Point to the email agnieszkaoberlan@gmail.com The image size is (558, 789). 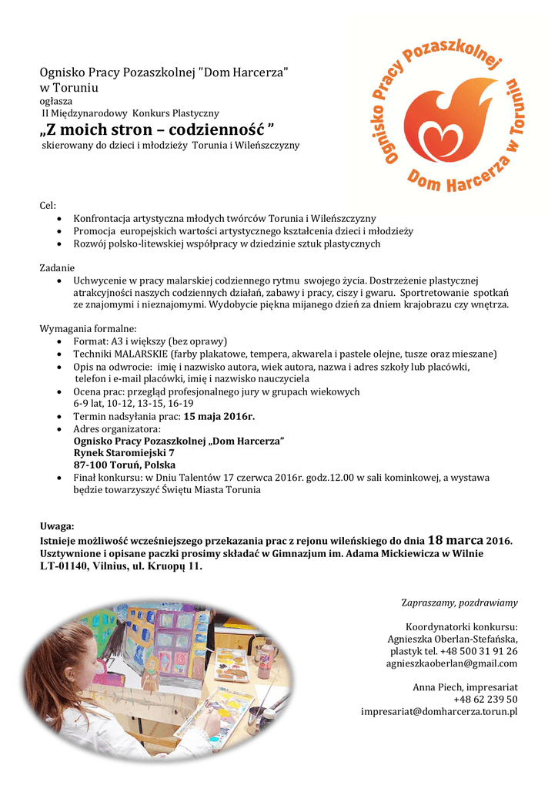pyautogui.click(x=452, y=663)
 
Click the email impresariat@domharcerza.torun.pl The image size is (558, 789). pyautogui.click(x=439, y=711)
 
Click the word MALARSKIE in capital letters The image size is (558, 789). pyautogui.click(x=142, y=354)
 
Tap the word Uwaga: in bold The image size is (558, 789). pyautogui.click(x=57, y=526)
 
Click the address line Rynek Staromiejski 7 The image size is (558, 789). pyautogui.click(x=124, y=453)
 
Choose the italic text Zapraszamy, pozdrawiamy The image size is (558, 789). pyautogui.click(x=460, y=602)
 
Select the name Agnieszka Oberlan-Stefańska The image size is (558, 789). pyautogui.click(x=453, y=639)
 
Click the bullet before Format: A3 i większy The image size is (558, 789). pyautogui.click(x=60, y=341)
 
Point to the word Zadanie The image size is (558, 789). pyautogui.click(x=57, y=267)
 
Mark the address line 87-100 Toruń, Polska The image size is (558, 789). pyautogui.click(x=125, y=465)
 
